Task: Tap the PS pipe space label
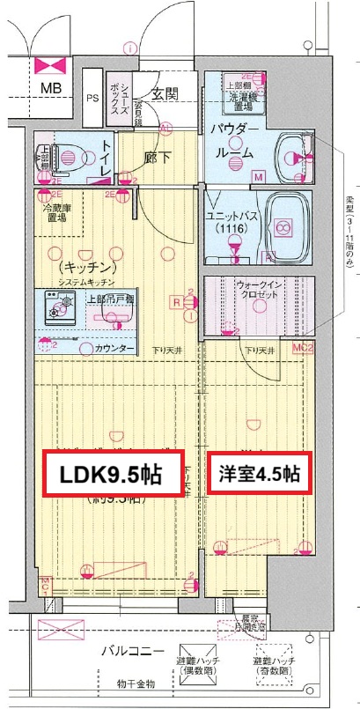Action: (92, 99)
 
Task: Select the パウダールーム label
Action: (233, 141)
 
